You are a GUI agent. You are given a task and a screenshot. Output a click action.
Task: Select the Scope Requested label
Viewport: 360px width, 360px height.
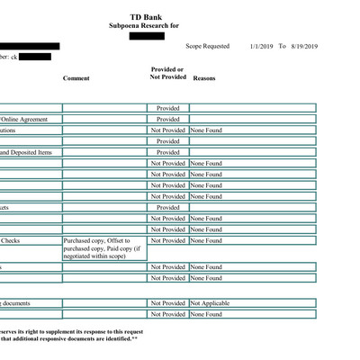(208, 46)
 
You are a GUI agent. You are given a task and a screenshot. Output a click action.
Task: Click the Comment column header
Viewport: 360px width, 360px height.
(76, 78)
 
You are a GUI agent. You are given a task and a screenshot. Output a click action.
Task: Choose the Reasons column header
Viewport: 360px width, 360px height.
(204, 78)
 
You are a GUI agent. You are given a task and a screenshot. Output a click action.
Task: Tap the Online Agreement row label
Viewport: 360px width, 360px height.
(24, 120)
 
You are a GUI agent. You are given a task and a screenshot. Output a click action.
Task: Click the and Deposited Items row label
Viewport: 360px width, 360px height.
(27, 153)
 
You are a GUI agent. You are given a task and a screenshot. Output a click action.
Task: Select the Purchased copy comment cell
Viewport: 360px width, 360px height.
(103, 248)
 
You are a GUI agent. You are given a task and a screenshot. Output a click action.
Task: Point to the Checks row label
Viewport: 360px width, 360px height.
(11, 241)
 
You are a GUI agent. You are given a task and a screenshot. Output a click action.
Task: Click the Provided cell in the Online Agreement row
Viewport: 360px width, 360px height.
(168, 120)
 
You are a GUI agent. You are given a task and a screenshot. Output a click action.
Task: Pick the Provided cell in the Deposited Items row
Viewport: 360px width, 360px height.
(168, 153)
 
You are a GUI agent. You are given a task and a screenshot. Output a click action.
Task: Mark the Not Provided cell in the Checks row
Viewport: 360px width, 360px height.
(168, 241)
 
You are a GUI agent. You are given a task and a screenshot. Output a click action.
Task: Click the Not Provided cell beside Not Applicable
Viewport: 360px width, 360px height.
(168, 303)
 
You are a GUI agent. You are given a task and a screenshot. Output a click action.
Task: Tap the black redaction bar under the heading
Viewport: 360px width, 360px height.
(147, 37)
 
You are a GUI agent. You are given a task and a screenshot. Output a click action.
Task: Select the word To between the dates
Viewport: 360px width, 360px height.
(282, 46)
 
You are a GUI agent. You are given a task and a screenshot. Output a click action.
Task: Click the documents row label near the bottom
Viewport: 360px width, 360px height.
(18, 303)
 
